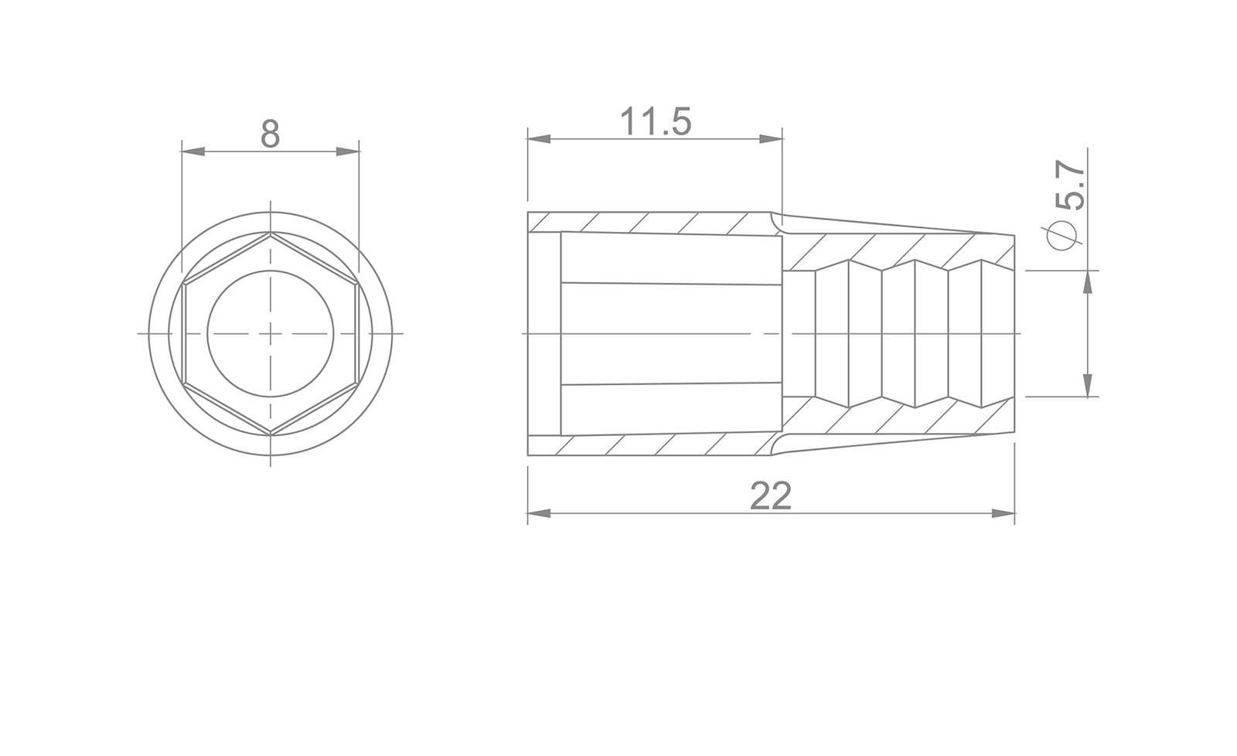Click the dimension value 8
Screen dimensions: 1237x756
pyautogui.click(x=270, y=135)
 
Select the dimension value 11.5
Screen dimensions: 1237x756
pyautogui.click(x=656, y=121)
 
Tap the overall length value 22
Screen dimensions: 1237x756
pyautogui.click(x=771, y=496)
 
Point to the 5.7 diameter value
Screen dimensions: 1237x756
pyautogui.click(x=1070, y=185)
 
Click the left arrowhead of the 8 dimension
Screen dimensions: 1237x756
pyautogui.click(x=193, y=152)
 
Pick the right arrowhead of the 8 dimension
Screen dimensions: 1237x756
pyautogui.click(x=348, y=152)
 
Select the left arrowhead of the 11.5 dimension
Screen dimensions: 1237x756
pyautogui.click(x=540, y=138)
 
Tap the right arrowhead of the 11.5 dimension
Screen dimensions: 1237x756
pyautogui.click(x=771, y=138)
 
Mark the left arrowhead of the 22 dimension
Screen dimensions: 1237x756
pyautogui.click(x=540, y=513)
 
